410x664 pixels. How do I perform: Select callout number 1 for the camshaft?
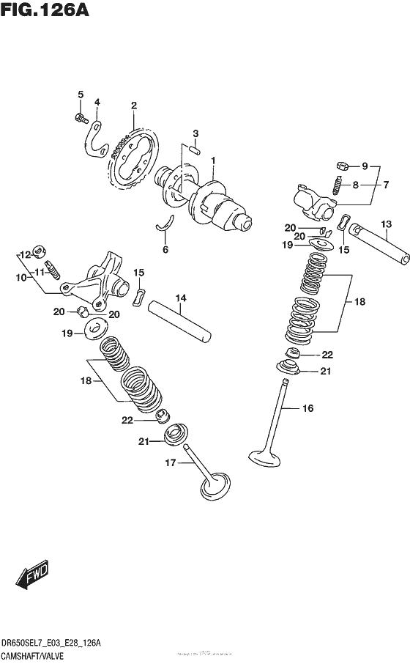[x=213, y=161]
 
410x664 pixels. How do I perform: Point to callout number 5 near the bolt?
[x=81, y=94]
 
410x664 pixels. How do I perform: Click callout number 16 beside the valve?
[x=307, y=408]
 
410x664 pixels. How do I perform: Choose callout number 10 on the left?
[x=21, y=278]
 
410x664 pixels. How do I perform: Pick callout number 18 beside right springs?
[x=359, y=301]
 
